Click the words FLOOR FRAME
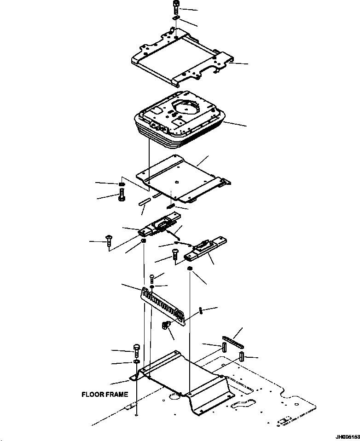pos(105,395)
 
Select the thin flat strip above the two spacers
pos(233,342)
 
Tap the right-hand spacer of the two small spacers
pos(242,356)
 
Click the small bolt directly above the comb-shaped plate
pos(152,278)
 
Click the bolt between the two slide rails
pos(175,254)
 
